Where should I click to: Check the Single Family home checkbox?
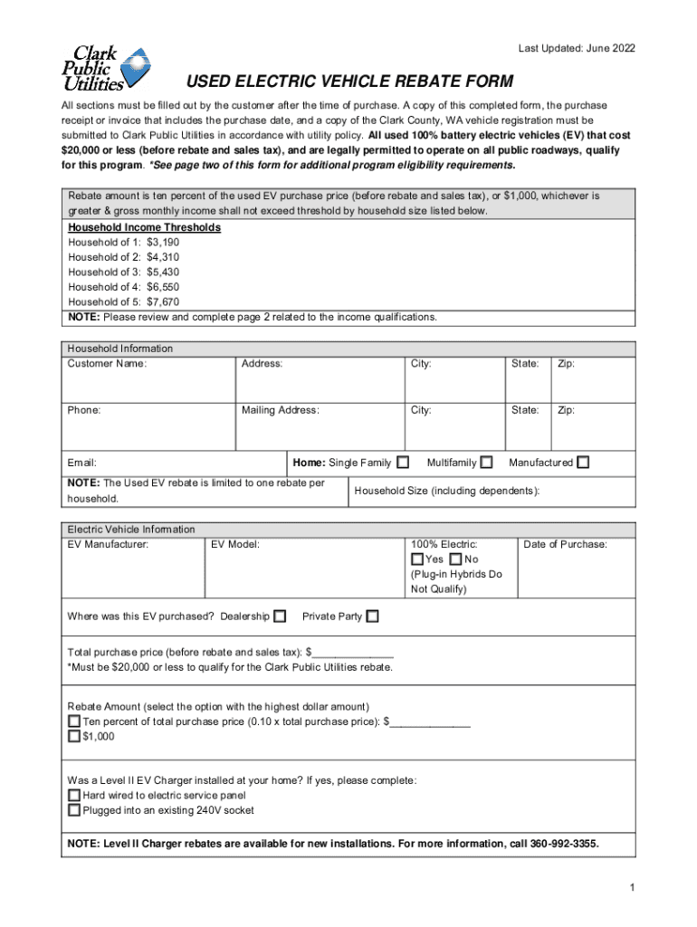coord(403,463)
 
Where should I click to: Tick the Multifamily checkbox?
coord(487,463)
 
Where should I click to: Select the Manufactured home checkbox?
coord(583,463)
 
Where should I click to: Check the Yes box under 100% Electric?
coord(417,559)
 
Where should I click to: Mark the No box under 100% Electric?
coord(455,559)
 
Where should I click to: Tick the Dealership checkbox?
coord(280,616)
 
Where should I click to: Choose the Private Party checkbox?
coord(372,616)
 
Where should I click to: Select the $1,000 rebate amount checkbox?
coord(74,737)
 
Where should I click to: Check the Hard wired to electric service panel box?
coord(74,795)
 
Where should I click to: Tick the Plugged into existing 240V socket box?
coord(74,810)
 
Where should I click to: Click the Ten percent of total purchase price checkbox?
coord(74,722)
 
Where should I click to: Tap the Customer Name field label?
coord(107,364)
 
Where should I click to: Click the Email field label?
coord(82,463)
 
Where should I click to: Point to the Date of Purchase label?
coord(565,544)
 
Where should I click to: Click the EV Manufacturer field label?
coord(108,544)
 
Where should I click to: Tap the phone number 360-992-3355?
coord(566,844)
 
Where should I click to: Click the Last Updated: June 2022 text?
coord(577,48)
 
